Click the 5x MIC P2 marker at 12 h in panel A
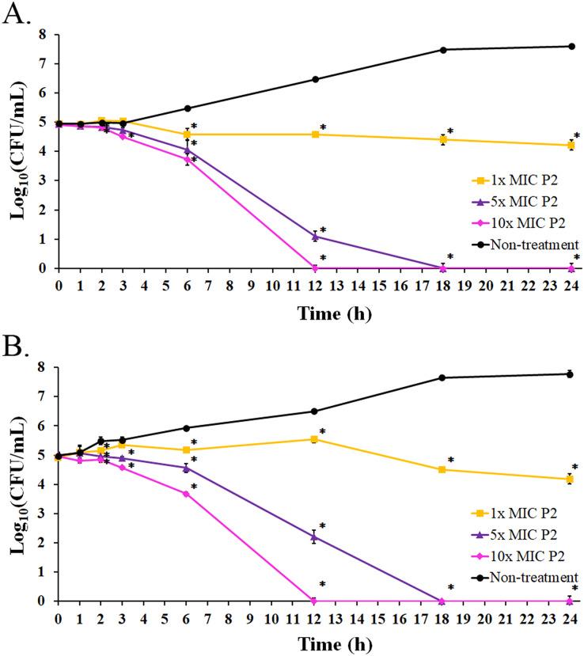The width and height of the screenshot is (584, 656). click(315, 236)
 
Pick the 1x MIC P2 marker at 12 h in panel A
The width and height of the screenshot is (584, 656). click(315, 135)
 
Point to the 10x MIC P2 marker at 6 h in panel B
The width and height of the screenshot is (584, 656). click(187, 494)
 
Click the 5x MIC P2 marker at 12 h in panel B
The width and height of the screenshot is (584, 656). click(315, 537)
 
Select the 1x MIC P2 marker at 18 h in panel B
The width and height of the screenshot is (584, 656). click(443, 469)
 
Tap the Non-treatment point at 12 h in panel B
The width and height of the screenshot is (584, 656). click(315, 411)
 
